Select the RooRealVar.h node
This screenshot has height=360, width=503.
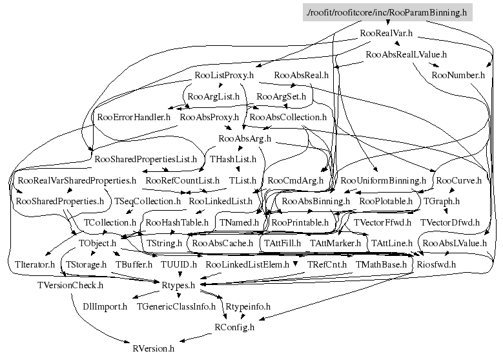pos(386,32)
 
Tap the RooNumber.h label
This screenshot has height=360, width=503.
pos(458,75)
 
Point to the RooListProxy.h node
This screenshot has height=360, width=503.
pos(225,76)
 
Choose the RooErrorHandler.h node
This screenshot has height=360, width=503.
pos(134,118)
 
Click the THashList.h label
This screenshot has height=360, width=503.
pos(233,158)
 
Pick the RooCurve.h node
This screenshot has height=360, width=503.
pos(459,180)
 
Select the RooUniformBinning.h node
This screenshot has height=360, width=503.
pos(384,180)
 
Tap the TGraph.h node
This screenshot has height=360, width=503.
pos(441,202)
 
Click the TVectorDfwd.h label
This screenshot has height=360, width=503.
pos(450,222)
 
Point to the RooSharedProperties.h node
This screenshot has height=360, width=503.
pos(59,202)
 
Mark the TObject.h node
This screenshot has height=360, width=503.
pos(97,244)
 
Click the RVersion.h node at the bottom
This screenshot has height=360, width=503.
pos(153,348)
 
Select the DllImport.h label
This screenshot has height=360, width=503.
pos(105,306)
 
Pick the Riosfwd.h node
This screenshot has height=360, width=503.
pos(436,264)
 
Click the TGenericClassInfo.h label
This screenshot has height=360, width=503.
pos(176,306)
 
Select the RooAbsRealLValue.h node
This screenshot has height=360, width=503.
pos(405,54)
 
